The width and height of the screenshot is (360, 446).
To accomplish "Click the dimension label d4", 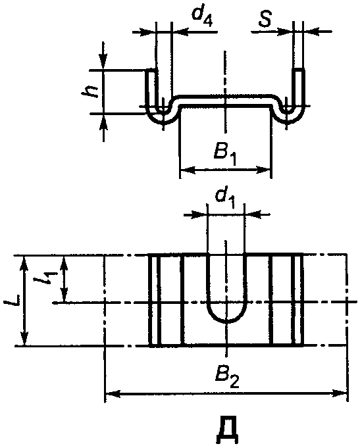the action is [202, 18].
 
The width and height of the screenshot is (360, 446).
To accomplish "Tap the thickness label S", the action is [265, 20].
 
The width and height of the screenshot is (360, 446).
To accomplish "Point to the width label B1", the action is [225, 155].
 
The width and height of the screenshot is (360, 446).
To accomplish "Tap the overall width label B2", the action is [227, 378].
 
